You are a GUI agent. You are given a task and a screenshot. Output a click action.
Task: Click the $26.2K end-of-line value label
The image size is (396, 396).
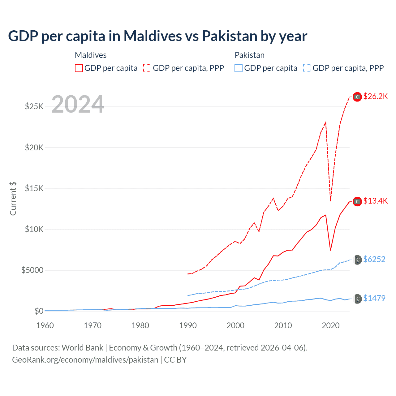click(375, 97)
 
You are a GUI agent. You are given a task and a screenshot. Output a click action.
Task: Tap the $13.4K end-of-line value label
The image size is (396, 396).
click(375, 201)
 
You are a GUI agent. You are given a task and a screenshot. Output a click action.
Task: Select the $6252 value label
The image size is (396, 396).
click(374, 259)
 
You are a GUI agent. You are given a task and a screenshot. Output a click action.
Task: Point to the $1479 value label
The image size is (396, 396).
click(374, 298)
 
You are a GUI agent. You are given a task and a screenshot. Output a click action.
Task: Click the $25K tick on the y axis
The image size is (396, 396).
click(34, 107)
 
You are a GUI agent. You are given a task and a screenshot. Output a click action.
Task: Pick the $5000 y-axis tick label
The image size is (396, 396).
click(32, 270)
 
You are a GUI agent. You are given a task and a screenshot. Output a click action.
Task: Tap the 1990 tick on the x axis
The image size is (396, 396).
click(188, 325)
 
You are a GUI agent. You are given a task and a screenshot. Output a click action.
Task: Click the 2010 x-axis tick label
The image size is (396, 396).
click(283, 325)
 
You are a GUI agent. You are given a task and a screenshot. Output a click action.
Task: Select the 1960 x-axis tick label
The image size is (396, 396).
click(45, 325)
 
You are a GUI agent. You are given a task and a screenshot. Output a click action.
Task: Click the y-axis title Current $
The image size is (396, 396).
click(13, 199)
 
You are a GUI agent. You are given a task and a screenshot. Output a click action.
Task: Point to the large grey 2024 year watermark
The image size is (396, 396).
click(78, 104)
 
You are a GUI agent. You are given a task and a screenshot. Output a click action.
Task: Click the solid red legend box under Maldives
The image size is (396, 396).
click(79, 68)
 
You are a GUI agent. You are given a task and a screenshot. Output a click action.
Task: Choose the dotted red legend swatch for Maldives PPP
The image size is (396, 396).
click(147, 68)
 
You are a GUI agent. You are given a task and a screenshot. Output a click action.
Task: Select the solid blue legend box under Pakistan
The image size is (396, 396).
click(239, 68)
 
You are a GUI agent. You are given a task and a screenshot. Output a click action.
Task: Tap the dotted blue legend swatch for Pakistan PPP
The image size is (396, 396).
click(307, 68)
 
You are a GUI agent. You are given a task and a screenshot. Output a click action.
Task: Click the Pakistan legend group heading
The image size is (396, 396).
click(249, 55)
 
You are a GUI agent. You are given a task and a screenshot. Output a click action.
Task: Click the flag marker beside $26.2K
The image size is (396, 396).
click(357, 97)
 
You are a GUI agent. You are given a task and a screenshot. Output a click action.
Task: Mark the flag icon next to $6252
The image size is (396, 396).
click(358, 260)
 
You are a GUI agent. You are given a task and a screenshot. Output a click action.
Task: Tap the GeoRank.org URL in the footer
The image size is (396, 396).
click(85, 360)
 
